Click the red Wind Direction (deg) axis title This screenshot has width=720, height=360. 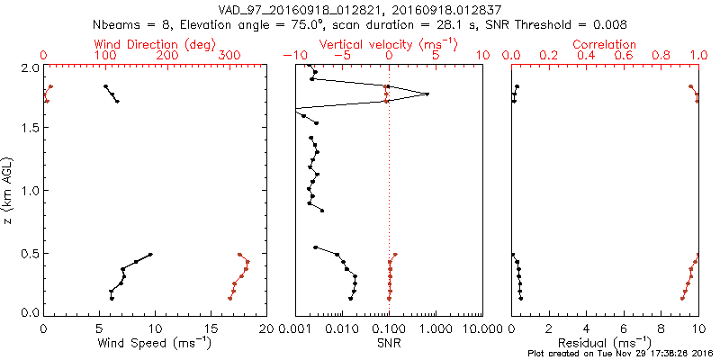pyautogui.click(x=156, y=44)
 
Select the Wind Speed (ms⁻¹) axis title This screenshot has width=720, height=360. pyautogui.click(x=156, y=343)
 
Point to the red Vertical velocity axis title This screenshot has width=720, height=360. pyautogui.click(x=388, y=44)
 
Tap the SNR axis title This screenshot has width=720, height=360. pyautogui.click(x=389, y=343)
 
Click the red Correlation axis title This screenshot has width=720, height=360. pyautogui.click(x=605, y=44)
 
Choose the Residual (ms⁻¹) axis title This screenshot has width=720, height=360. pyautogui.click(x=605, y=343)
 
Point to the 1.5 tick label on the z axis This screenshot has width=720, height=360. pyautogui.click(x=31, y=128)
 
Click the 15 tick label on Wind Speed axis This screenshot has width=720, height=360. pyautogui.click(x=211, y=328)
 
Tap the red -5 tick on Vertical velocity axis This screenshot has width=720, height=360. pyautogui.click(x=340, y=56)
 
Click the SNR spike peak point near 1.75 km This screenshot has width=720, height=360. pyautogui.click(x=427, y=94)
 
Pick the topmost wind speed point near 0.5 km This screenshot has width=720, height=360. pyautogui.click(x=150, y=254)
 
